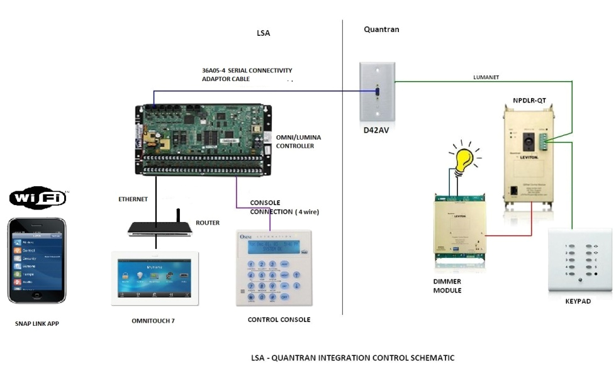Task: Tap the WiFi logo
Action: (x=38, y=199)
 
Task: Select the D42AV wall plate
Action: (x=377, y=91)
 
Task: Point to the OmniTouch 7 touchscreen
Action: (x=155, y=279)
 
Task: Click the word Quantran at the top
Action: (x=381, y=30)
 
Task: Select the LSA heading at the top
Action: (x=263, y=33)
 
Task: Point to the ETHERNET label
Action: (x=133, y=199)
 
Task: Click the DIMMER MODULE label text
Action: (x=447, y=286)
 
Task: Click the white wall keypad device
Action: (x=580, y=260)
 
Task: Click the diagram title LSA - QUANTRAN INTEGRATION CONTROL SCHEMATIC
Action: (x=352, y=358)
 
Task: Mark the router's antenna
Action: (x=178, y=215)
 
